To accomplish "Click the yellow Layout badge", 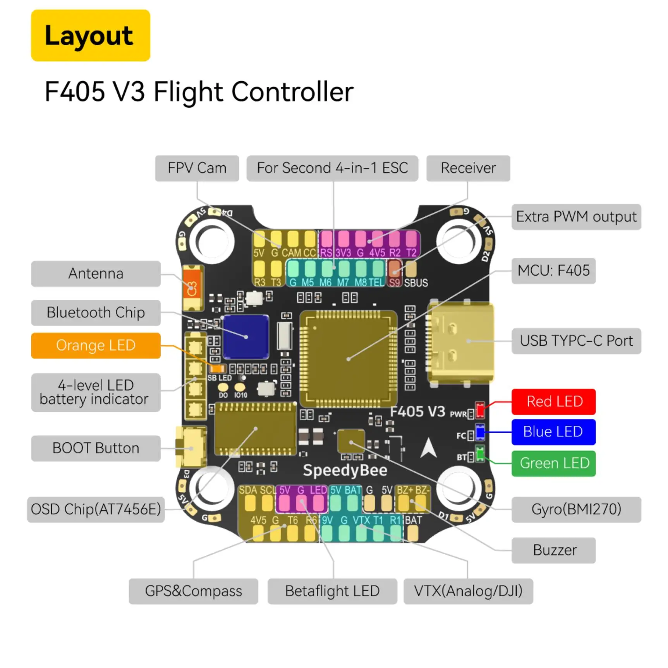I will point(90,35).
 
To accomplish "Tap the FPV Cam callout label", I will point(197,168).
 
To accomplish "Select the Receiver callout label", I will point(468,168).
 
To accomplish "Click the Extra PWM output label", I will point(576,217).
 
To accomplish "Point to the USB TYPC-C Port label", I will point(576,341).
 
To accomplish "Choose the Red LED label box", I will point(553,402).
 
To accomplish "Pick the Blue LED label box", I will point(553,432).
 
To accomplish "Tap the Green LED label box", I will point(553,463).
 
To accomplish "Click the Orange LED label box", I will point(96,345).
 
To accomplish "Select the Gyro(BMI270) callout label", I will point(576,509).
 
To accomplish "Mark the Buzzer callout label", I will point(553,550).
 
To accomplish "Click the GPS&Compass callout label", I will point(193,591).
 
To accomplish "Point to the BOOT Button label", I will point(96,448).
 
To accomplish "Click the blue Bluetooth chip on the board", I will point(246,336).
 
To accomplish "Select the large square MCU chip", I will point(348,359).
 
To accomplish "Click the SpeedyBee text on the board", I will point(345,470).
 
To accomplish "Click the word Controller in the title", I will point(292,92).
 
